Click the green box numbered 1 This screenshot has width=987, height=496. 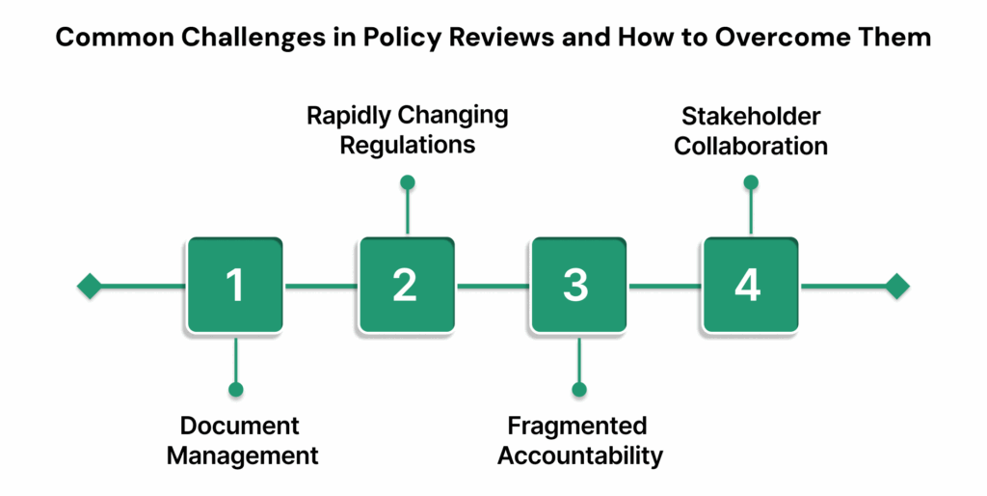[x=235, y=286]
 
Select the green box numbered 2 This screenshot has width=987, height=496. [x=407, y=286]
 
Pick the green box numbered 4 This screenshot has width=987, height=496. [x=750, y=286]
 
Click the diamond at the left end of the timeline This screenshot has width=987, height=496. [x=90, y=287]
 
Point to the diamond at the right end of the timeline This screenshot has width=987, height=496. [x=896, y=287]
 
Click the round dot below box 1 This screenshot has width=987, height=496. [x=235, y=390]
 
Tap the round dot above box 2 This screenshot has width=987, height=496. [x=407, y=181]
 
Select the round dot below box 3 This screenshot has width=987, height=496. [x=578, y=390]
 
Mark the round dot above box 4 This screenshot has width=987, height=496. [x=750, y=181]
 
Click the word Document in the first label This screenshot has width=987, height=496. [x=240, y=426]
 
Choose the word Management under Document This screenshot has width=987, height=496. [x=242, y=455]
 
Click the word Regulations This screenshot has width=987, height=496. [x=407, y=146]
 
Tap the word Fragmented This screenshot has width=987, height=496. [x=578, y=426]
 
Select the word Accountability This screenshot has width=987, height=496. [x=580, y=455]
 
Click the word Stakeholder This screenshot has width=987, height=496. [x=750, y=117]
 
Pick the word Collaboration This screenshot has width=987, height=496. [x=750, y=146]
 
